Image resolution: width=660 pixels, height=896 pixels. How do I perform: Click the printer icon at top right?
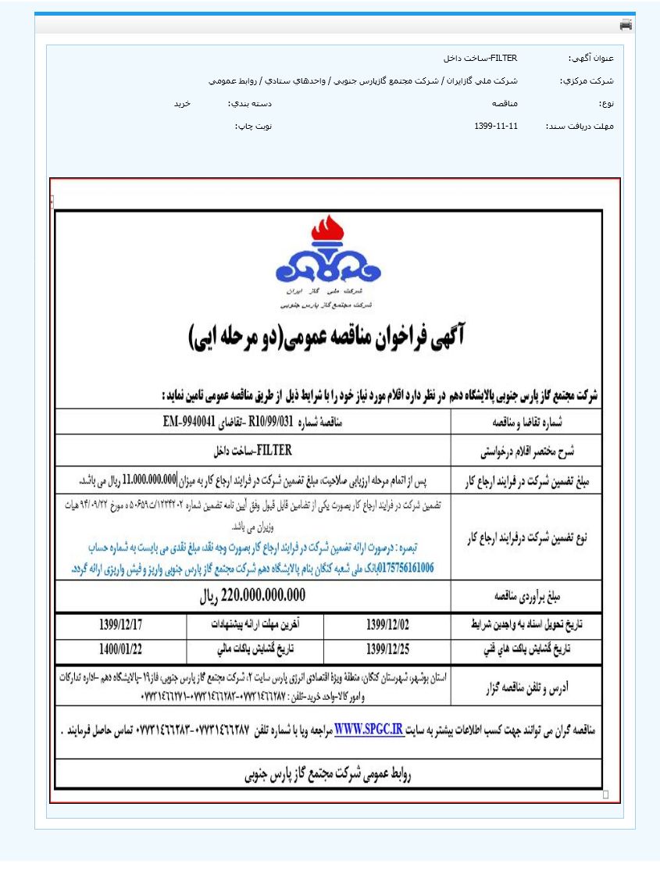coord(626,25)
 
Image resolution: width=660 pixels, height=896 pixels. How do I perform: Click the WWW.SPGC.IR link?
coord(368,730)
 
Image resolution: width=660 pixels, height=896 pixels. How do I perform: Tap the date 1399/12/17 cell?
coord(121,626)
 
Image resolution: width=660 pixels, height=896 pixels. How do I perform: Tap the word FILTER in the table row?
coord(274,451)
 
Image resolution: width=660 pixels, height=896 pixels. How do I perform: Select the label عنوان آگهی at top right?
coord(591,59)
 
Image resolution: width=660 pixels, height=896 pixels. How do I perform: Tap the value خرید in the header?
coord(182,103)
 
